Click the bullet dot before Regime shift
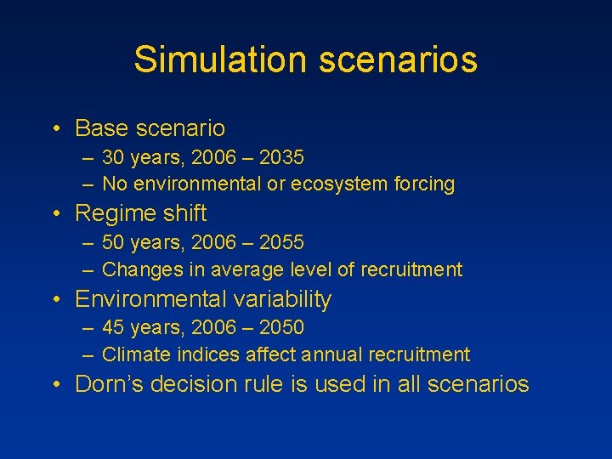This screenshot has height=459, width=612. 55,214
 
